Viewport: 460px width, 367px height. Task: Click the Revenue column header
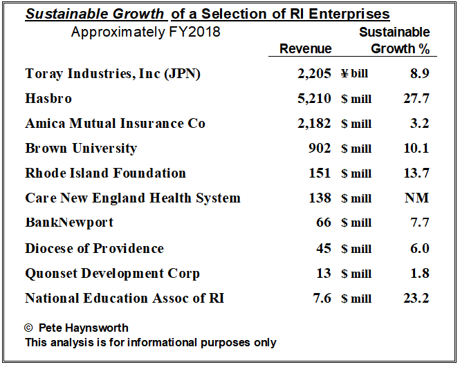(x=305, y=48)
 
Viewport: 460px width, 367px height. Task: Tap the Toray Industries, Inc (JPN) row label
(x=113, y=73)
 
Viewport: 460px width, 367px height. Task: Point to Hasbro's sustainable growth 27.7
(x=416, y=98)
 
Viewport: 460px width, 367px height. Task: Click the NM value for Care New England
(x=416, y=198)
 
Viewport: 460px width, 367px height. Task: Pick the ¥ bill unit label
(x=354, y=74)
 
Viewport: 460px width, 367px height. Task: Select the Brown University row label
(x=81, y=148)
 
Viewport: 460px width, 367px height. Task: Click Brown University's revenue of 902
(x=319, y=148)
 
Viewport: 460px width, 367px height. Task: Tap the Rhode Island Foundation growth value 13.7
(x=416, y=173)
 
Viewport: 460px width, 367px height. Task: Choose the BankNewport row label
(x=69, y=223)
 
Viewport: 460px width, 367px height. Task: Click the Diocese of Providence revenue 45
(x=323, y=248)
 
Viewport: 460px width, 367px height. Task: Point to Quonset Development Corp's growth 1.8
(x=419, y=273)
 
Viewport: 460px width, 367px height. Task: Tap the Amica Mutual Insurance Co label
(x=115, y=123)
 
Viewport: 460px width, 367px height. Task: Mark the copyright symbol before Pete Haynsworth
(x=29, y=328)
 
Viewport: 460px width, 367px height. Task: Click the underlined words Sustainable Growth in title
(x=96, y=14)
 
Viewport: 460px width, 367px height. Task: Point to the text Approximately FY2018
(x=145, y=32)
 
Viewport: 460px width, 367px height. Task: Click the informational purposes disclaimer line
(x=150, y=342)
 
